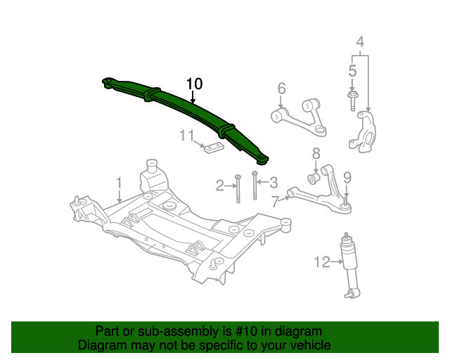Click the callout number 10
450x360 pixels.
pyautogui.click(x=194, y=84)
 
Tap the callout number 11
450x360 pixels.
pyautogui.click(x=186, y=135)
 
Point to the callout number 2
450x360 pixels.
pyautogui.click(x=220, y=186)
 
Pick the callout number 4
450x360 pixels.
pyautogui.click(x=360, y=42)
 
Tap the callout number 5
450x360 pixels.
pyautogui.click(x=353, y=70)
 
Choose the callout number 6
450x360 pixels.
pyautogui.click(x=281, y=89)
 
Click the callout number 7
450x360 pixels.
pyautogui.click(x=275, y=202)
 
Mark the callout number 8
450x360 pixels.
pyautogui.click(x=316, y=153)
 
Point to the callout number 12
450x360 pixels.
pyautogui.click(x=322, y=262)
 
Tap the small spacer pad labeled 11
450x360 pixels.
pyautogui.click(x=212, y=147)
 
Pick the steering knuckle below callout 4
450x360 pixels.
pyautogui.click(x=363, y=130)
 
